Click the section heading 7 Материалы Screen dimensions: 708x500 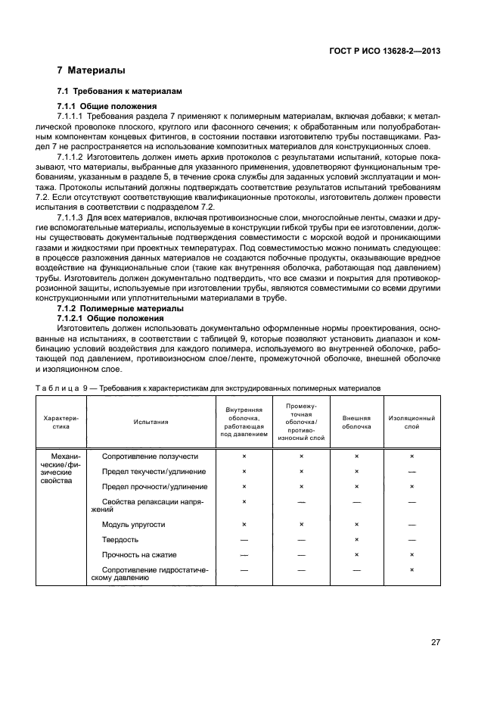[92, 70]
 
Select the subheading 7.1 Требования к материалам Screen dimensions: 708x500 [120, 90]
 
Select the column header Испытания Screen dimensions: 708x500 [151, 421]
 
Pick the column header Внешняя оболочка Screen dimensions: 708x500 [356, 421]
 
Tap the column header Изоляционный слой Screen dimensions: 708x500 [411, 421]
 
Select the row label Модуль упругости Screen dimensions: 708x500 [133, 524]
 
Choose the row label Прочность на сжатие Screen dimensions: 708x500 [138, 554]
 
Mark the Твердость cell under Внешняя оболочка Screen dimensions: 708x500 [356, 539]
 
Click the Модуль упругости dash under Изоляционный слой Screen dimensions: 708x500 [411, 524]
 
